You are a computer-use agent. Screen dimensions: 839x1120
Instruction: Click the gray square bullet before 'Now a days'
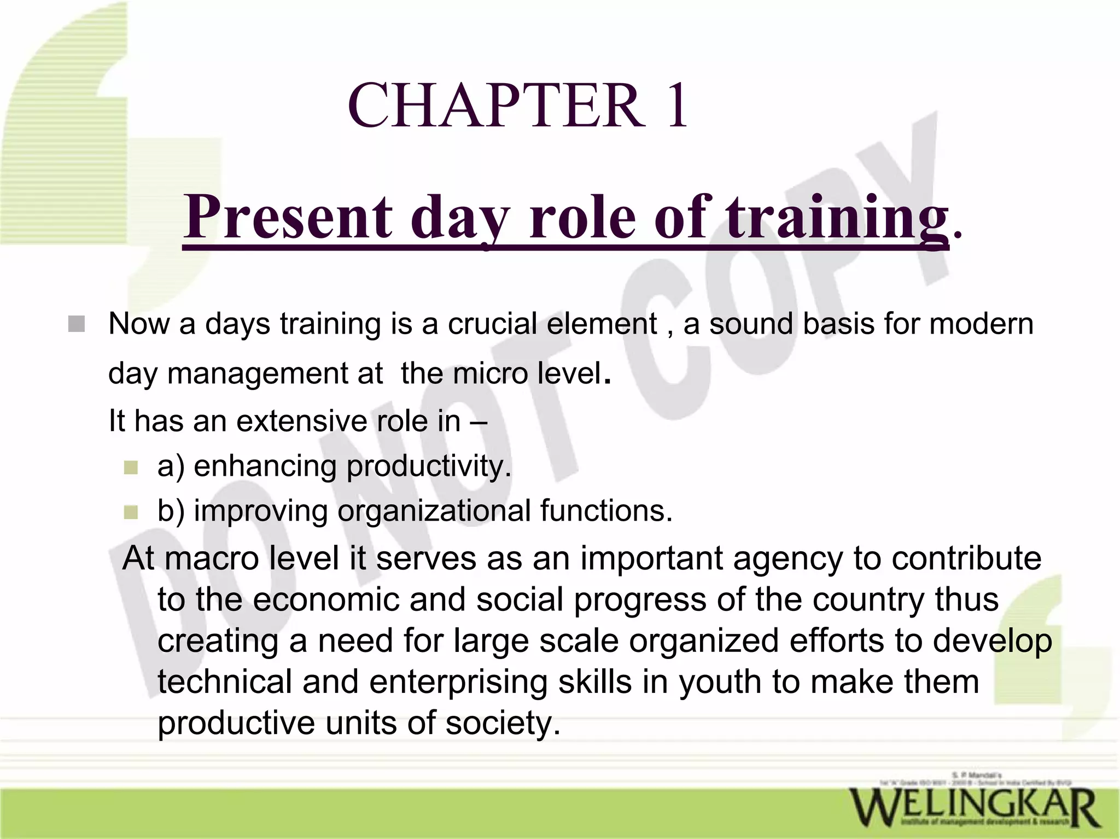(x=77, y=324)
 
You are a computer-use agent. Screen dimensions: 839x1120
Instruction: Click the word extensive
(x=301, y=421)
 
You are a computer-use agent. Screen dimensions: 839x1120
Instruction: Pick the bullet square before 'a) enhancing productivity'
(x=131, y=468)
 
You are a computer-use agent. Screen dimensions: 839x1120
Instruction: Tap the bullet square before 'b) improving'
(x=131, y=512)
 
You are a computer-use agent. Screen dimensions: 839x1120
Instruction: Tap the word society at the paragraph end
(x=503, y=723)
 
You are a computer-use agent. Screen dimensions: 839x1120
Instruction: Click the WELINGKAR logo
(x=973, y=808)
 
